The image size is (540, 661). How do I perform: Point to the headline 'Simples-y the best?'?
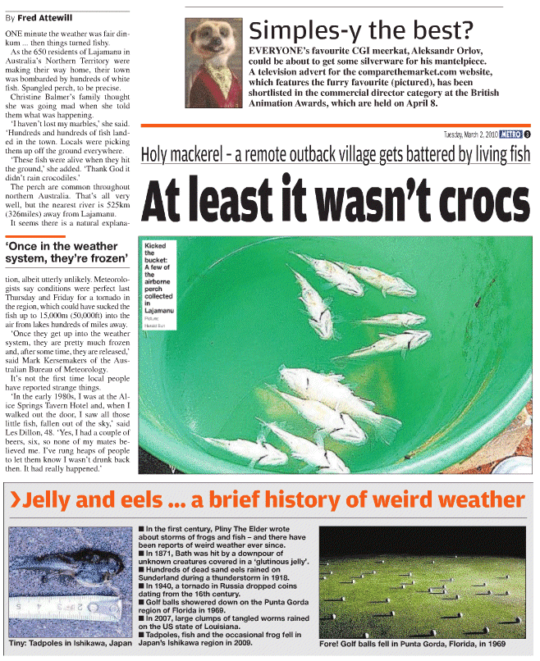coord(361,30)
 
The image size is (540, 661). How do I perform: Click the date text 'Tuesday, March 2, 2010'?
coord(470,134)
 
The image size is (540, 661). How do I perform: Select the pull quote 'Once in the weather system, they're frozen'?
coord(66,252)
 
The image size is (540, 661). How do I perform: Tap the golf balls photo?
coord(422,581)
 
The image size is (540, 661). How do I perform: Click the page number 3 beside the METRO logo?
coord(527,134)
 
